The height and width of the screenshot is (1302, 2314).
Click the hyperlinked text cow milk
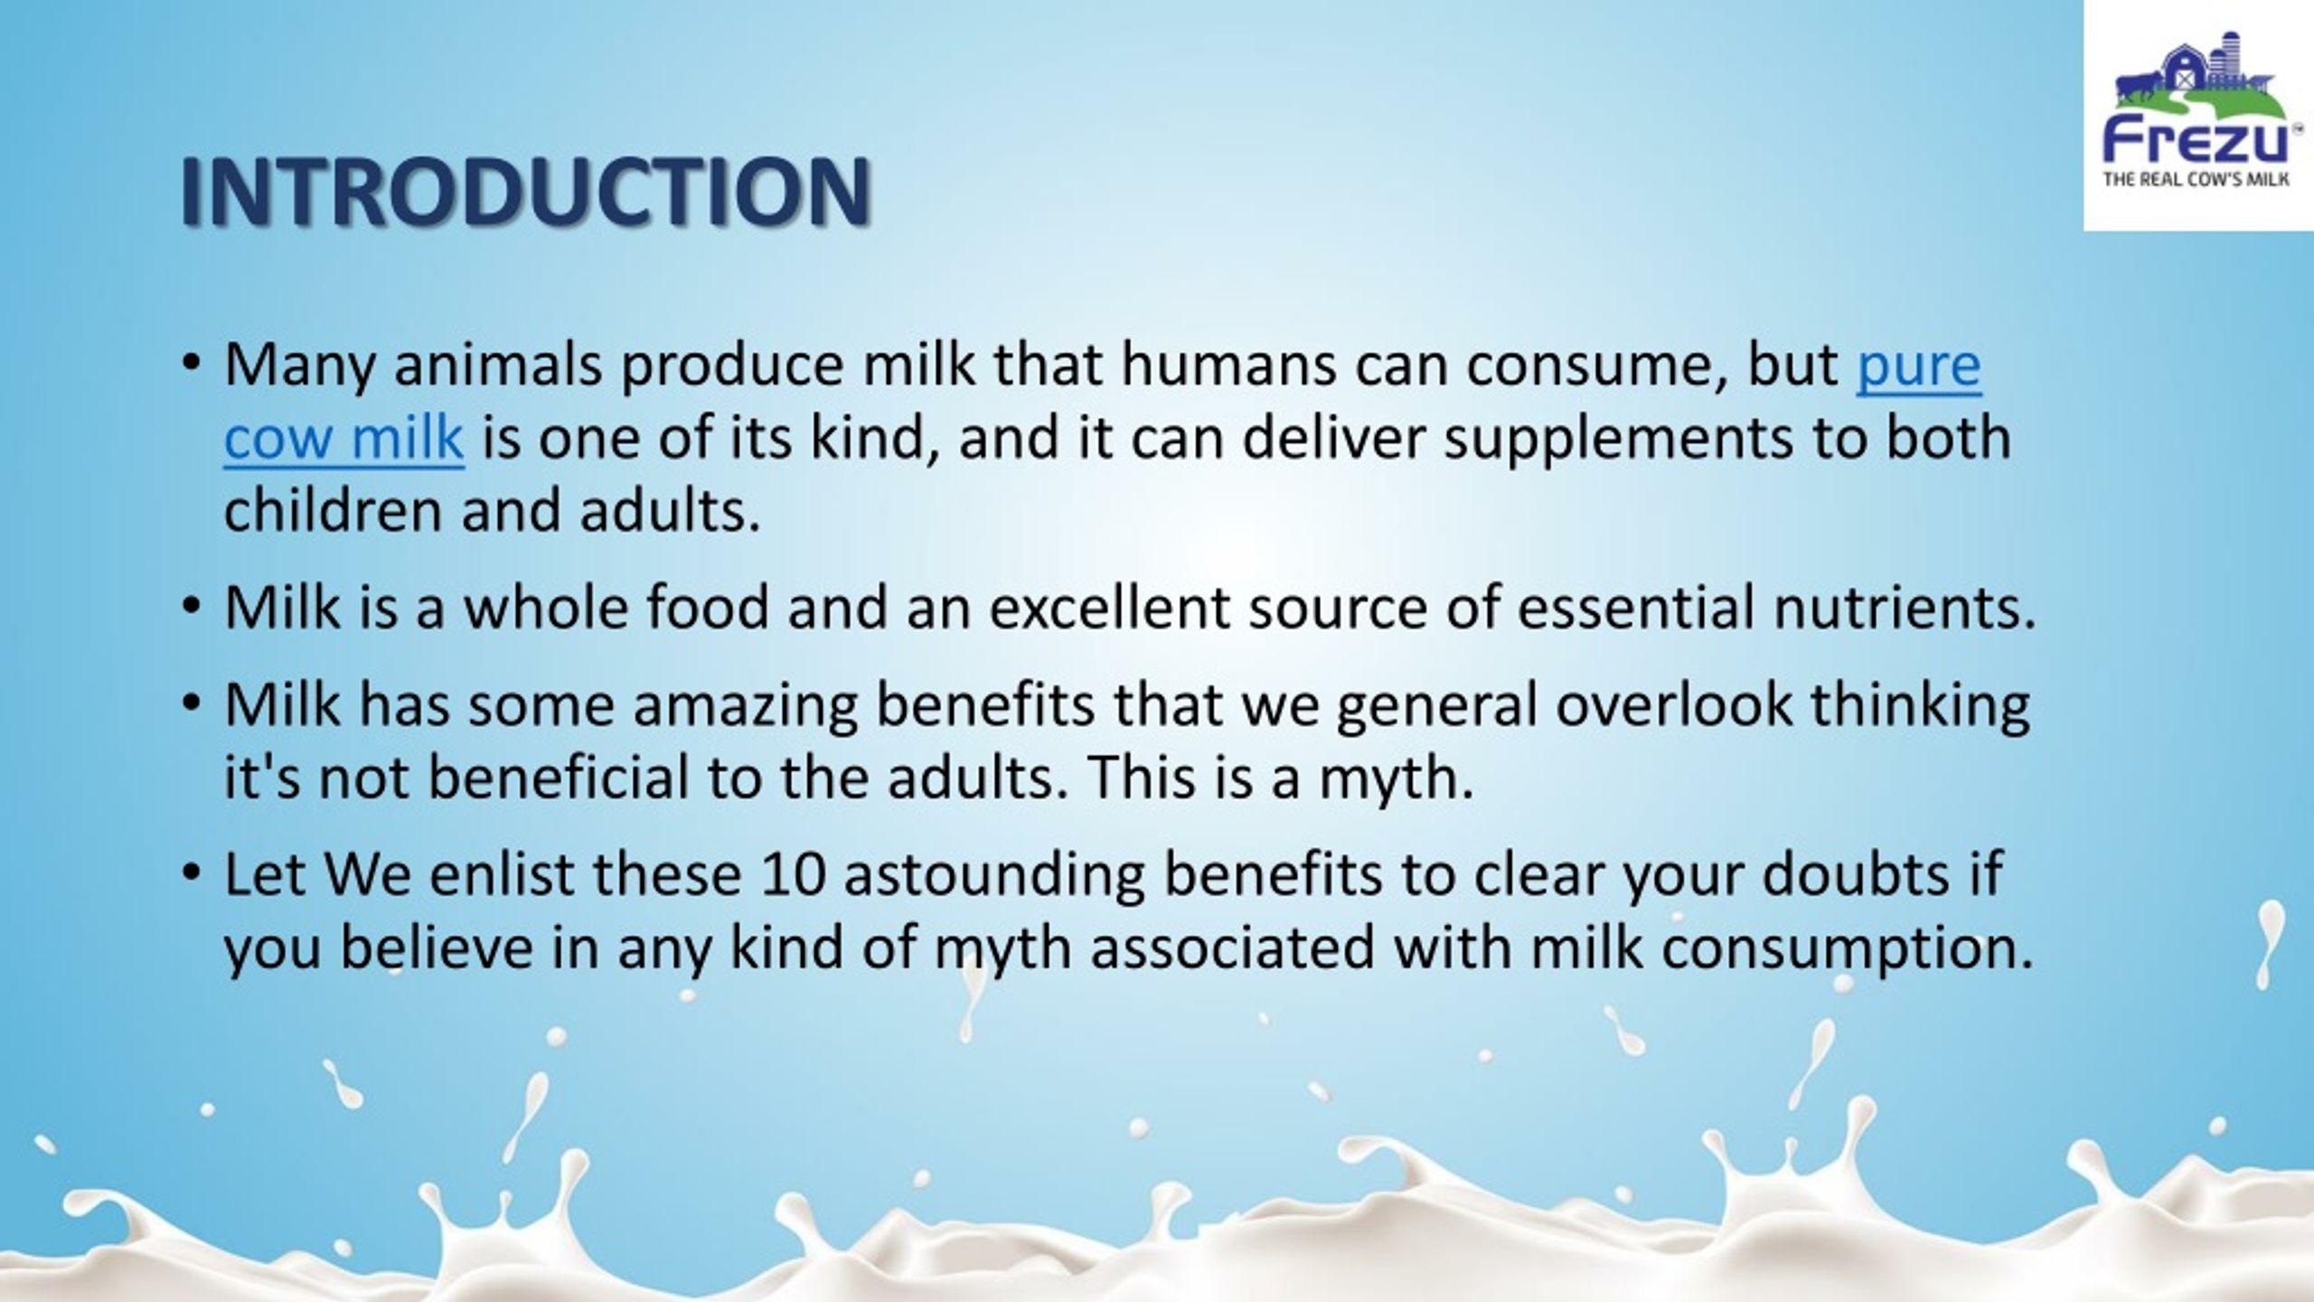343,438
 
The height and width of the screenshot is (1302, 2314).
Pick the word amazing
745,705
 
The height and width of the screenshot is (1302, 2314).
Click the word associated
1232,948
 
